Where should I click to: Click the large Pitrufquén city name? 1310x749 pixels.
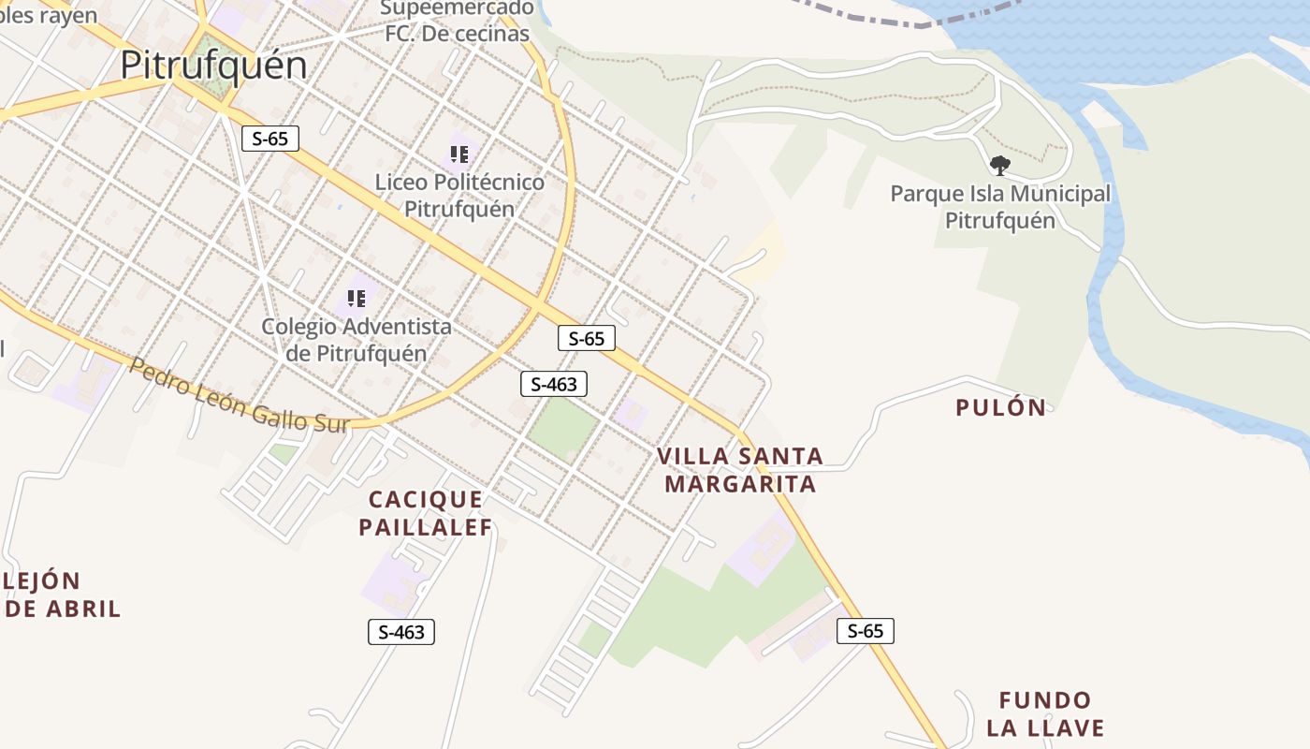pyautogui.click(x=213, y=66)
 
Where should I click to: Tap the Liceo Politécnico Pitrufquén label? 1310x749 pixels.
pyautogui.click(x=459, y=195)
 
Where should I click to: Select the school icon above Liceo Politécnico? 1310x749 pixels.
pyautogui.click(x=458, y=154)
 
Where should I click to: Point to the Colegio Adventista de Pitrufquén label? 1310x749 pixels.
pyautogui.click(x=356, y=340)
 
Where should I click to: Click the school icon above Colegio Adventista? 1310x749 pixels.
pyautogui.click(x=356, y=299)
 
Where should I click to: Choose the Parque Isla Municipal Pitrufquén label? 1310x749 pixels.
pyautogui.click(x=1000, y=207)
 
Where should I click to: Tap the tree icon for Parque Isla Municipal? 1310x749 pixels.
pyautogui.click(x=999, y=166)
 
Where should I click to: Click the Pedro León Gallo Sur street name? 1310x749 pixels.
pyautogui.click(x=239, y=396)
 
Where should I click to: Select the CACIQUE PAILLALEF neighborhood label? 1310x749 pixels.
pyautogui.click(x=426, y=513)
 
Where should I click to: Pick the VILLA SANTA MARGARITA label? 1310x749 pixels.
pyautogui.click(x=740, y=470)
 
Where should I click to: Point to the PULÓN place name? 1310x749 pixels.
pyautogui.click(x=1000, y=408)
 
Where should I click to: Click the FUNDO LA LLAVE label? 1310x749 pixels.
pyautogui.click(x=1045, y=713)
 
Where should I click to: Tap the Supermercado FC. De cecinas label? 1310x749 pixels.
pyautogui.click(x=458, y=22)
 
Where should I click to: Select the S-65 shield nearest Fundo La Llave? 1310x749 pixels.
pyautogui.click(x=866, y=631)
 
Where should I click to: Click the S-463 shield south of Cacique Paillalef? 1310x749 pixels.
pyautogui.click(x=401, y=632)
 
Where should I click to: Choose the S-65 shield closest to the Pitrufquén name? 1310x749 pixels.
pyautogui.click(x=270, y=139)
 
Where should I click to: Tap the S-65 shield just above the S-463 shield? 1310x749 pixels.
pyautogui.click(x=587, y=338)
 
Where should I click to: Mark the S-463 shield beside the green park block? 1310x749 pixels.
pyautogui.click(x=554, y=383)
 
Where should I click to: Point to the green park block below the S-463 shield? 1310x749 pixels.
pyautogui.click(x=562, y=429)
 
